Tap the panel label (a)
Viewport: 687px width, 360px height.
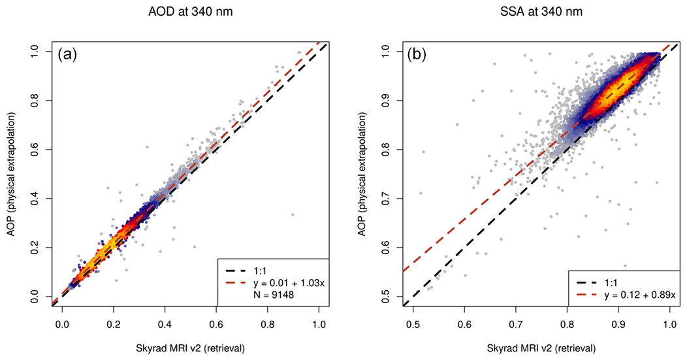(68, 55)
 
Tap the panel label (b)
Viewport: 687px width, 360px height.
(417, 55)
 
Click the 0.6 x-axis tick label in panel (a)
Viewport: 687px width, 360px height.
(217, 322)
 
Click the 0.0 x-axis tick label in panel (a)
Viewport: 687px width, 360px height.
(63, 322)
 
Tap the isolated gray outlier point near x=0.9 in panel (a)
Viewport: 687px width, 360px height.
(293, 214)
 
